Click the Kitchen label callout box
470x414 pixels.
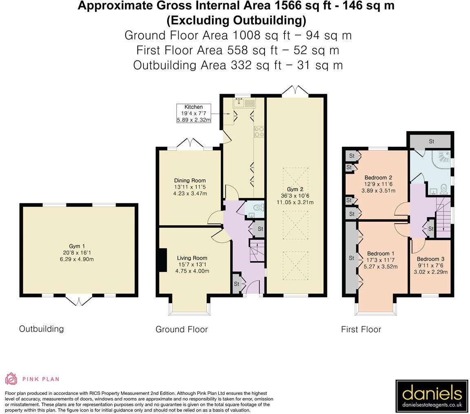(194, 113)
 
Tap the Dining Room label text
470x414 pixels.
(190, 181)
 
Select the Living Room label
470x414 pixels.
(192, 258)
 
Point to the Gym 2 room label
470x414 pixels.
(295, 189)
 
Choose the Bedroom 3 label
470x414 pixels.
(430, 259)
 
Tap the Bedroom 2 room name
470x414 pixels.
(378, 177)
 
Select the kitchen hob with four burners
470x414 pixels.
(259, 132)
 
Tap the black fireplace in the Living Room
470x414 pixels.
(163, 260)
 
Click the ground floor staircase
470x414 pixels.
(257, 250)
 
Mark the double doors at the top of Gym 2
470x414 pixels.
(295, 90)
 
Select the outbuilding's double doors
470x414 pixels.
(79, 301)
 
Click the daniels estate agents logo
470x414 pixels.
(432, 396)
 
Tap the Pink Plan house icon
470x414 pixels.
(11, 379)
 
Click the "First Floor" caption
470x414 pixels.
(361, 330)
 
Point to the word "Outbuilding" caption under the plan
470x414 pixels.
(41, 329)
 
